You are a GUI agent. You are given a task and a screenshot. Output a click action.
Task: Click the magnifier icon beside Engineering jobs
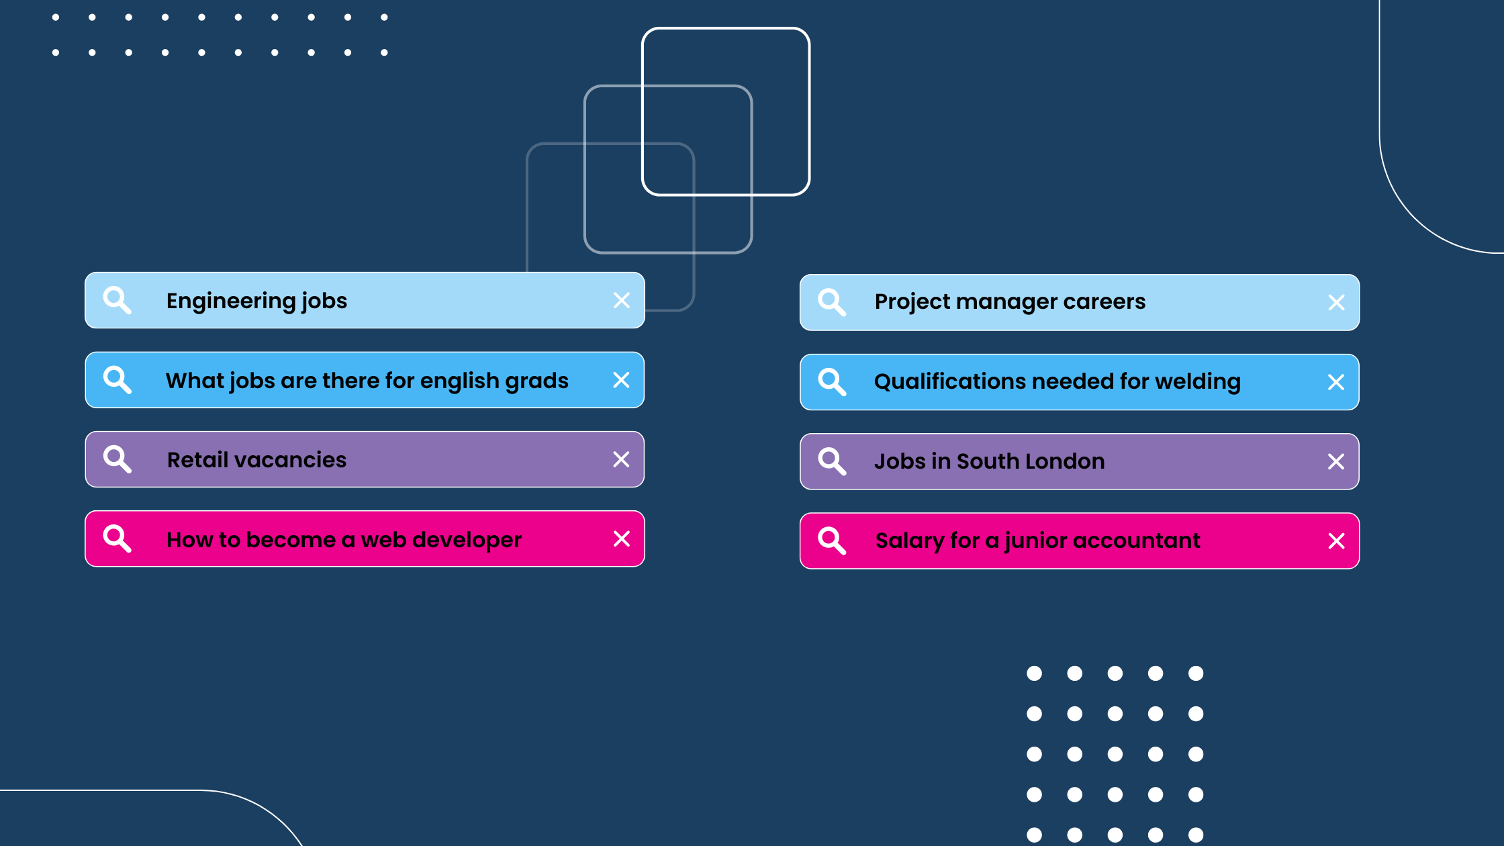(117, 300)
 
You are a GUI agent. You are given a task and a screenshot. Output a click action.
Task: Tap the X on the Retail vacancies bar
(621, 459)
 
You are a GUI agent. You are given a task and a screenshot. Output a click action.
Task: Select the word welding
(1198, 382)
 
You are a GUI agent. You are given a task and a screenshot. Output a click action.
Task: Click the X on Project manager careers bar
(1336, 303)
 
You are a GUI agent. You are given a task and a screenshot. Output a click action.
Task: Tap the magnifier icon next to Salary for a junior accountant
(832, 540)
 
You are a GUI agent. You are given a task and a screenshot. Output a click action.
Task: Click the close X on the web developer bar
(622, 539)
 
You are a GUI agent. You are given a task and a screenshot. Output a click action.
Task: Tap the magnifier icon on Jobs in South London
(832, 461)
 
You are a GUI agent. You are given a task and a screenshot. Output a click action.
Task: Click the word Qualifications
(950, 381)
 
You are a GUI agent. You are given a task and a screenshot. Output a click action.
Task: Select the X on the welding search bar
(1336, 382)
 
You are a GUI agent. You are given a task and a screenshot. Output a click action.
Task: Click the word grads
(537, 381)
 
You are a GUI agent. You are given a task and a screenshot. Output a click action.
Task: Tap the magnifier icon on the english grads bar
(117, 379)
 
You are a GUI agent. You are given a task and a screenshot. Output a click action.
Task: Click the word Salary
(910, 541)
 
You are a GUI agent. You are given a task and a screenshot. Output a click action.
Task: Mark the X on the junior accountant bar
(1336, 541)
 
